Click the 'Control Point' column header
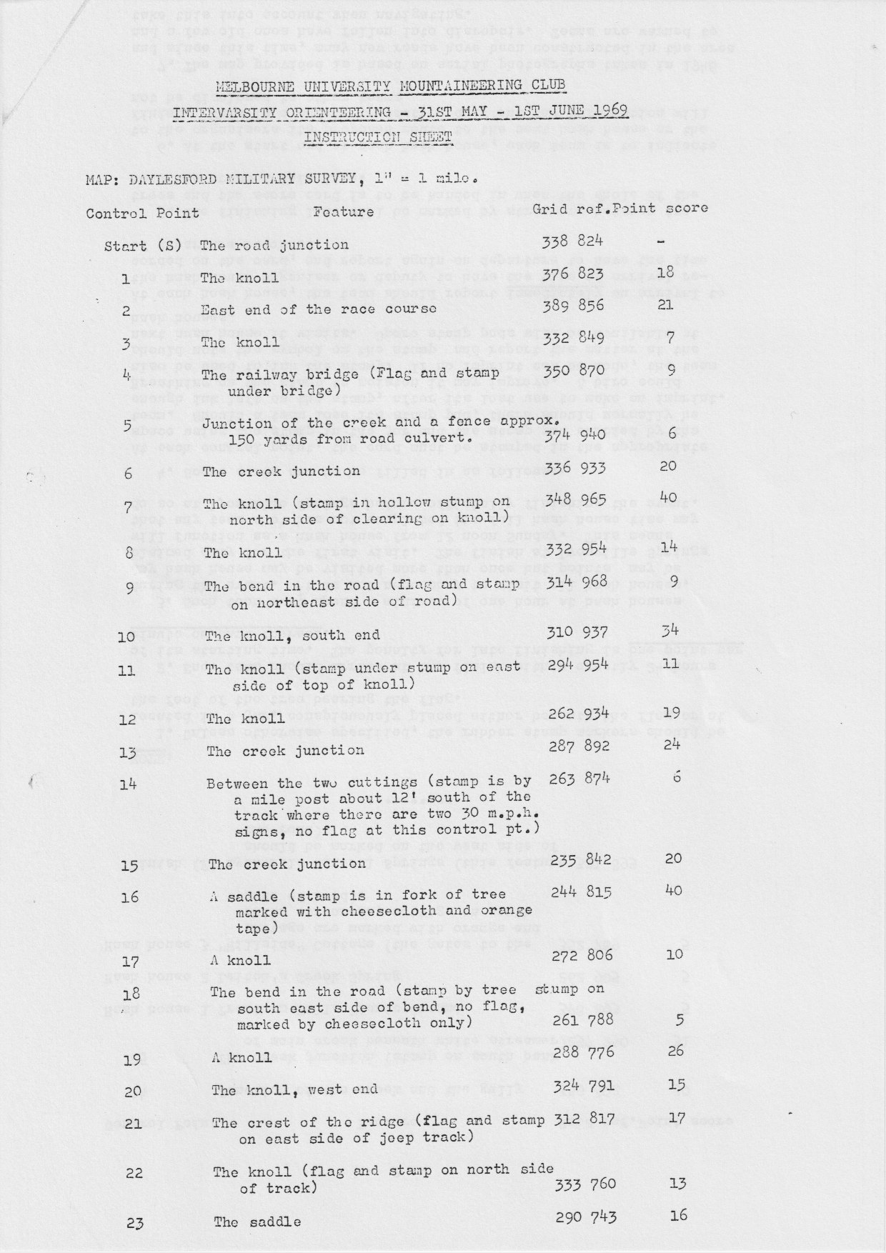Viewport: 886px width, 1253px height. pyautogui.click(x=143, y=213)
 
